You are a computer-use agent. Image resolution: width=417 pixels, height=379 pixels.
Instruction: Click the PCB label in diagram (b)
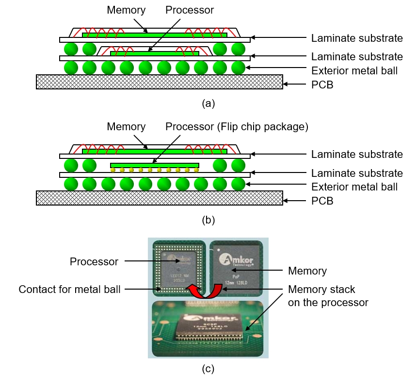click(322, 200)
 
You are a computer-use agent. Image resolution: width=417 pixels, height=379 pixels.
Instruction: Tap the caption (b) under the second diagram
click(208, 220)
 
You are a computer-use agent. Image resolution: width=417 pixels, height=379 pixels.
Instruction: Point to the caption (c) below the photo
click(208, 369)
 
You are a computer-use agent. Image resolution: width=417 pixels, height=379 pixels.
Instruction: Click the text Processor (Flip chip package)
click(237, 127)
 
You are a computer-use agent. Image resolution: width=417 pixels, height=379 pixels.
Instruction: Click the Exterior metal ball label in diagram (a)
click(354, 71)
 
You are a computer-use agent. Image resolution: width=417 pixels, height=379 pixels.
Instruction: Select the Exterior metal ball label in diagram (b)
click(354, 187)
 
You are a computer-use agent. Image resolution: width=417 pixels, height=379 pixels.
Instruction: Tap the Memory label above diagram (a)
click(126, 10)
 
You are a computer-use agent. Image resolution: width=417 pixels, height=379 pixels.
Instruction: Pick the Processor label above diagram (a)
click(190, 10)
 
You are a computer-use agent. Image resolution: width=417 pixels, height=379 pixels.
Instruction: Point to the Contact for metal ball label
click(69, 290)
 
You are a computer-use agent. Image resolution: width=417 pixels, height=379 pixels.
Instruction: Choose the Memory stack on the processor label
click(328, 296)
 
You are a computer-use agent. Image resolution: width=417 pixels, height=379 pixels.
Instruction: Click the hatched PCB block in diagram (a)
click(159, 82)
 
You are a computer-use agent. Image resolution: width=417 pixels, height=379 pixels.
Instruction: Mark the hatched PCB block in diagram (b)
click(159, 198)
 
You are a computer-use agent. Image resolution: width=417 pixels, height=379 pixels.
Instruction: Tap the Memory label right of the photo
click(307, 271)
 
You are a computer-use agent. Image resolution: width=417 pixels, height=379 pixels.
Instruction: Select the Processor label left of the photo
click(94, 261)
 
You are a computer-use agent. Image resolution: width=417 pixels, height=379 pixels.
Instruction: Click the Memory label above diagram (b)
click(126, 127)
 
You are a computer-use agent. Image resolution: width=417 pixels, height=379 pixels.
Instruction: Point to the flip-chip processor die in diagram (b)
click(155, 165)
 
